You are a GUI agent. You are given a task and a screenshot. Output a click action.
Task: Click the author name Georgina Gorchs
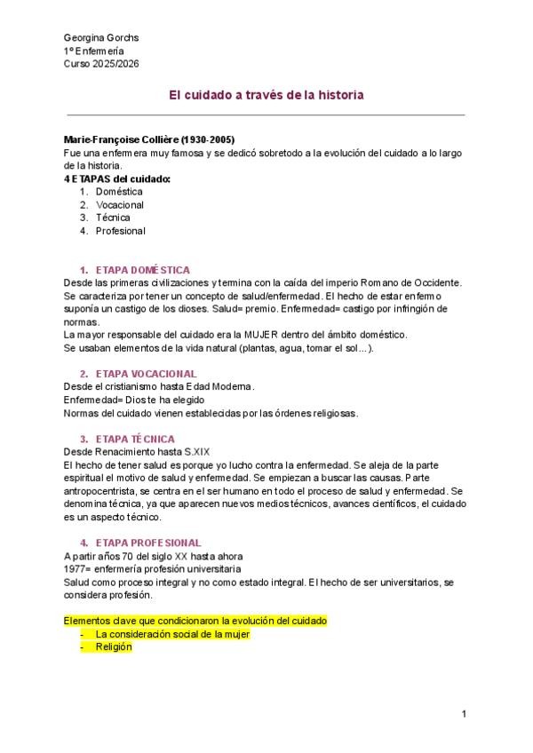[x=101, y=38]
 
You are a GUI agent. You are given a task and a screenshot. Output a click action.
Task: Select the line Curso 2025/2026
[x=101, y=64]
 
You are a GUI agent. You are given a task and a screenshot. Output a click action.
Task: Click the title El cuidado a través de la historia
[x=266, y=93]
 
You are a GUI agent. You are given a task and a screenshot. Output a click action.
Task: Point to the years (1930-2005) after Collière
[x=205, y=140]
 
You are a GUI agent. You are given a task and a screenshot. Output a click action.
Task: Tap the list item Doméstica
[x=119, y=191]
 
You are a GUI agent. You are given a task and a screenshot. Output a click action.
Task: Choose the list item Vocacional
[x=120, y=204]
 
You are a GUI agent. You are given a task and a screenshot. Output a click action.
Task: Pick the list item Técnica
[x=113, y=218]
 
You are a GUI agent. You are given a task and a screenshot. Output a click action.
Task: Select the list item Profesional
[x=121, y=231]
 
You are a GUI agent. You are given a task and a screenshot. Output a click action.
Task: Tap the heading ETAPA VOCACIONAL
[x=146, y=374]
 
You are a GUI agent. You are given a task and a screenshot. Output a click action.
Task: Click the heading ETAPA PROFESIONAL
[x=148, y=543]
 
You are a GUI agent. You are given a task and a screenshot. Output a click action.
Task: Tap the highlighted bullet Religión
[x=114, y=647]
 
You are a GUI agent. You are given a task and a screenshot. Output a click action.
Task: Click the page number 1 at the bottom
[x=464, y=714]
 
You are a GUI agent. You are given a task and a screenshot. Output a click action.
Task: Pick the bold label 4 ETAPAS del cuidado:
[x=118, y=178]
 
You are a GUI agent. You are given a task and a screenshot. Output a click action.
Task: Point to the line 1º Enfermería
[x=94, y=52]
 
